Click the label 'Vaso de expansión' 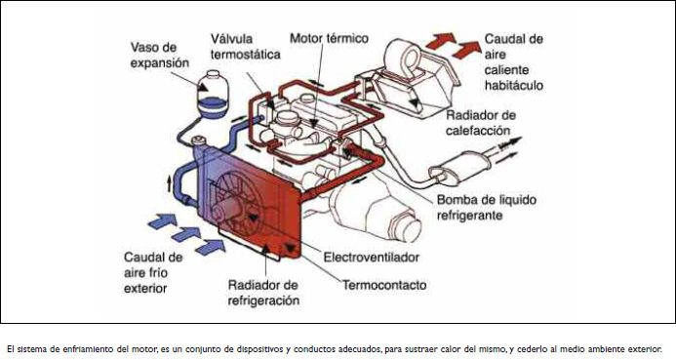coord(160,55)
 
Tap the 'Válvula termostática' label coord(245,47)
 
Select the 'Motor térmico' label coord(329,38)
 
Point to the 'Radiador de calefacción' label coord(481,123)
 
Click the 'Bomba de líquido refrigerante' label coord(487,208)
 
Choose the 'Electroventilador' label coord(372,258)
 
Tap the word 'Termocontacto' coord(384,285)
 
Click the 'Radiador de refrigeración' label coord(263,293)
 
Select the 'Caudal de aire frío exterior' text coord(153,272)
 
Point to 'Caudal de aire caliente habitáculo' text coord(513,62)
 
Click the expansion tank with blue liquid coord(212,94)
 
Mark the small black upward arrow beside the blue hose coord(170,183)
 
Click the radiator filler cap coord(199,140)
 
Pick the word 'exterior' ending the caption coord(648,349)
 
